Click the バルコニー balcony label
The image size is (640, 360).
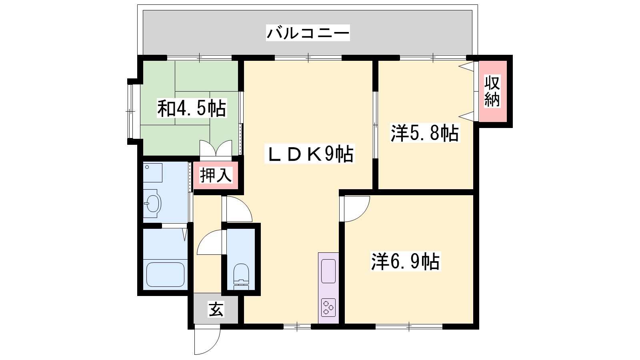click(x=308, y=33)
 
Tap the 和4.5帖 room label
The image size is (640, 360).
click(x=192, y=108)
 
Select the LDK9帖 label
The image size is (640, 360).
click(x=310, y=154)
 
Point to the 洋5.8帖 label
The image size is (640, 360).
click(x=425, y=133)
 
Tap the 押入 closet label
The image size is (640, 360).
click(x=216, y=175)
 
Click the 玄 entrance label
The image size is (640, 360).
click(x=216, y=310)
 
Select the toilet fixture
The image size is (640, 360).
click(x=241, y=276)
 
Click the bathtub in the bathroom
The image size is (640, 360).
click(x=166, y=274)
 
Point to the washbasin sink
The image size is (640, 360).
click(x=152, y=204)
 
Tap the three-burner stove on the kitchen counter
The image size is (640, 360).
click(x=328, y=308)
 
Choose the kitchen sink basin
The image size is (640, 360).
click(x=328, y=271)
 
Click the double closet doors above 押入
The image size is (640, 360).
click(x=216, y=148)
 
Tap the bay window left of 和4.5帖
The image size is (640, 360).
click(x=130, y=112)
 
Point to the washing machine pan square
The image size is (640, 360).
click(x=152, y=172)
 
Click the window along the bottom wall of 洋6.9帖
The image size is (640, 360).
click(x=409, y=326)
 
